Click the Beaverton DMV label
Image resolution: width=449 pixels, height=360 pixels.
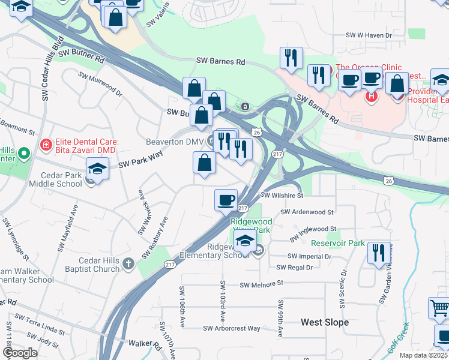(175, 142)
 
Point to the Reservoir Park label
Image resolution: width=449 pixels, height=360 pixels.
(337, 243)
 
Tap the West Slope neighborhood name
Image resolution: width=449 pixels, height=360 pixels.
(324, 322)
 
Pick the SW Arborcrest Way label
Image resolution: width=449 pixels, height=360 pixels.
(232, 328)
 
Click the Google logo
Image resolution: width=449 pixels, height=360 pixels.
(20, 353)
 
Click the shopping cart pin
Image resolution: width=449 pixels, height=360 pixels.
(439, 308)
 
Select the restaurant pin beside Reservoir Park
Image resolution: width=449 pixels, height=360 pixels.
(379, 253)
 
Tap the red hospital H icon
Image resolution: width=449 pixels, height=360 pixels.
(372, 95)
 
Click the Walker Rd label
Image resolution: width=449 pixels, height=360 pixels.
(145, 345)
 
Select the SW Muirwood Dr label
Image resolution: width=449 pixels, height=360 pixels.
(101, 85)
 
